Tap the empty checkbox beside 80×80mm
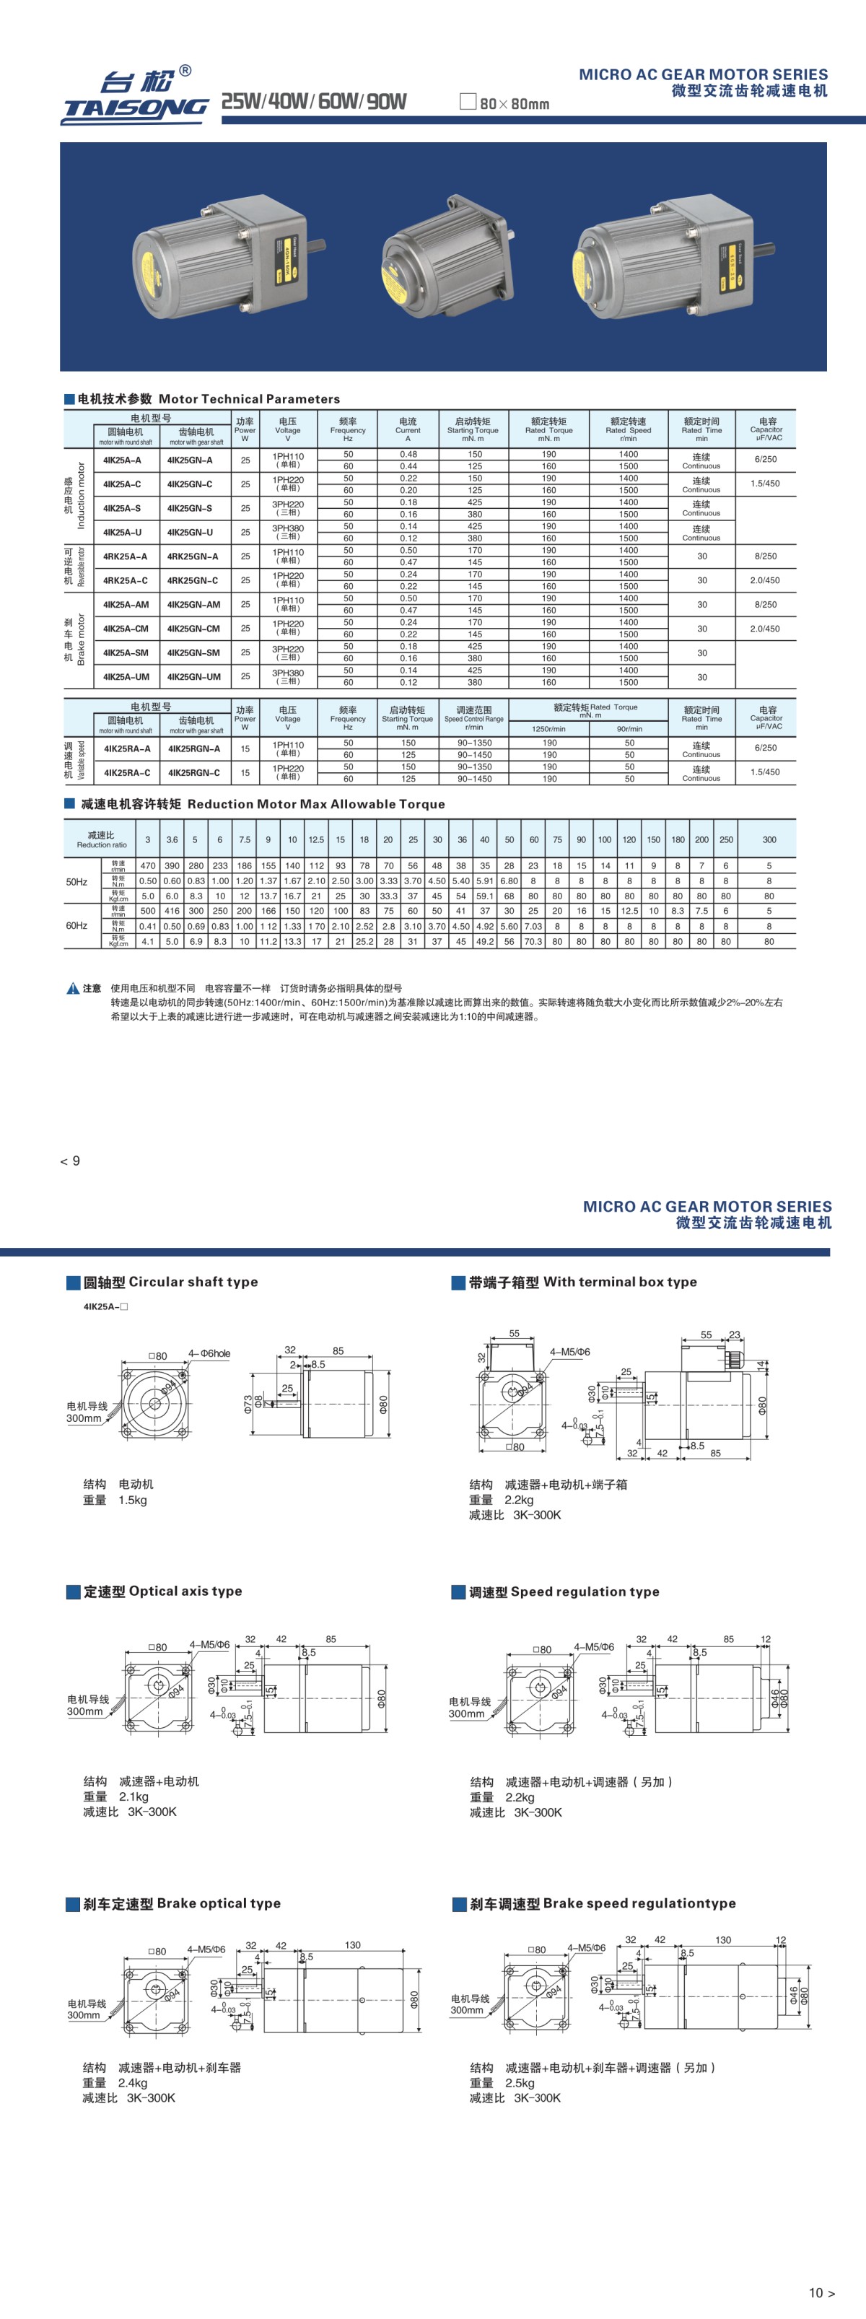coord(467,102)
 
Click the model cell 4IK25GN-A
coord(190,460)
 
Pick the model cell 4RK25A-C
coord(125,580)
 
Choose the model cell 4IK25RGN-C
coord(193,772)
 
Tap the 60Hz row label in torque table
coord(76,925)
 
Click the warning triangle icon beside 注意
coord(73,989)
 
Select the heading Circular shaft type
coord(170,1282)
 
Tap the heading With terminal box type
coord(582,1282)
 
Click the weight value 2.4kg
coord(132,2082)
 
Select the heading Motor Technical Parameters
coord(208,399)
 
